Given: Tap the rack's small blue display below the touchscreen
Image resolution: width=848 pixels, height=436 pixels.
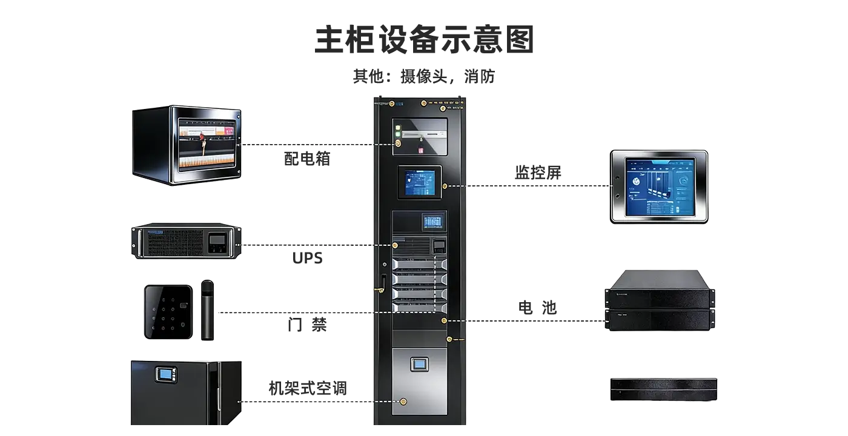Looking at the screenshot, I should tap(432, 222).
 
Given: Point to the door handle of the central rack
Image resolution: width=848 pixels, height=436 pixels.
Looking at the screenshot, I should tap(383, 282).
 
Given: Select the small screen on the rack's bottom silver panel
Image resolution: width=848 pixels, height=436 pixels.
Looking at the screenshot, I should tap(419, 365).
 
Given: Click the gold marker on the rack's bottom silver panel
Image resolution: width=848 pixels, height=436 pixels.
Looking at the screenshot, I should tap(403, 401).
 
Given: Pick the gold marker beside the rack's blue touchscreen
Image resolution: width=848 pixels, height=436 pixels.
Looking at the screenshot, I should tap(445, 187).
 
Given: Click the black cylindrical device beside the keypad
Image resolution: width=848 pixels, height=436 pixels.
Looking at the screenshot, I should tap(208, 310).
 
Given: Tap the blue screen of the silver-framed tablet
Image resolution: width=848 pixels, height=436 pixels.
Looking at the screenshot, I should tap(660, 185).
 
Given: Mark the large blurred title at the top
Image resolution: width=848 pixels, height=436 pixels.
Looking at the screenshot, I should tap(424, 39).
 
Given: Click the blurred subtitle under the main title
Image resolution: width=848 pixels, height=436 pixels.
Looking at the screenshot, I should tap(424, 78).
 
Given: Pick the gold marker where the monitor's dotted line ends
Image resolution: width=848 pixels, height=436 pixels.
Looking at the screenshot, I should tap(398, 144).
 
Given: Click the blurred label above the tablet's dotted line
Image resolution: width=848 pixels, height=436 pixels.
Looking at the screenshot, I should tap(537, 173).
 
